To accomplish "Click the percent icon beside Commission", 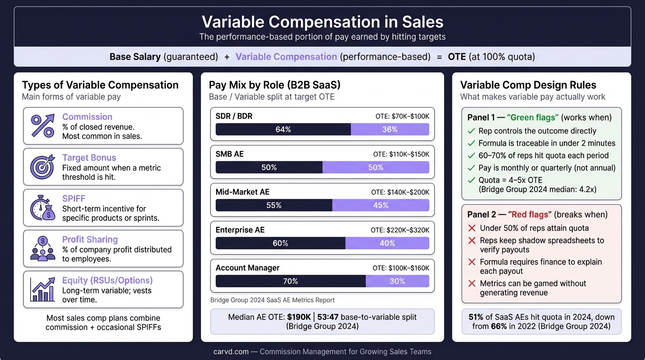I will point(43,126).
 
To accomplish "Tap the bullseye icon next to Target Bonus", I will point(43,166).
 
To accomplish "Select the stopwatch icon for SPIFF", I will point(43,208).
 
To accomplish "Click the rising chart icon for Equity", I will point(43,289).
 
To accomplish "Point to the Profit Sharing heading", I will point(90,240).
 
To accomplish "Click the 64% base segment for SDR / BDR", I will point(283,129).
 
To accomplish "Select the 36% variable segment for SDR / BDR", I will point(390,129).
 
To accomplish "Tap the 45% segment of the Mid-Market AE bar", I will point(381,205).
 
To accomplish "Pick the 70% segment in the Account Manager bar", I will point(290,281).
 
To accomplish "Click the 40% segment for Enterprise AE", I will point(387,243).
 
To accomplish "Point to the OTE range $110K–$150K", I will point(401,154).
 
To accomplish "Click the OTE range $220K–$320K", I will point(400,230).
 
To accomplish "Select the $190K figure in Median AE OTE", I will point(299,317).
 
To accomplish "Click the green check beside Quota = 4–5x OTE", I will point(472,180).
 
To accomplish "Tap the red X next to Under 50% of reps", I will point(472,228).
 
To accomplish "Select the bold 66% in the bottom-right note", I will point(499,326).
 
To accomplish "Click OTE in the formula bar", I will point(457,57).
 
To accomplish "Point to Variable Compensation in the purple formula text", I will point(286,57).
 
